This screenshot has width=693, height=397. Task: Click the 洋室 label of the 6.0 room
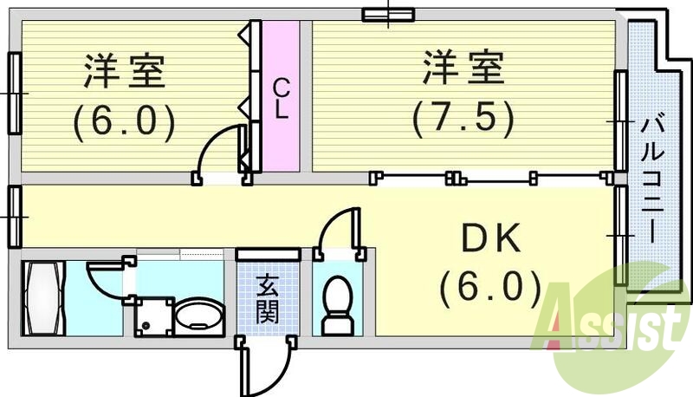(124, 72)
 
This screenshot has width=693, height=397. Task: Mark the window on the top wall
(388, 13)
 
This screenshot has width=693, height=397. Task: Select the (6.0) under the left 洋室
(124, 122)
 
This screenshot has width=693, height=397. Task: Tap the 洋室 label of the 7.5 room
(463, 68)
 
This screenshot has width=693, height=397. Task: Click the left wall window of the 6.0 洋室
(14, 93)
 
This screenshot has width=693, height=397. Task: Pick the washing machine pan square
(152, 317)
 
